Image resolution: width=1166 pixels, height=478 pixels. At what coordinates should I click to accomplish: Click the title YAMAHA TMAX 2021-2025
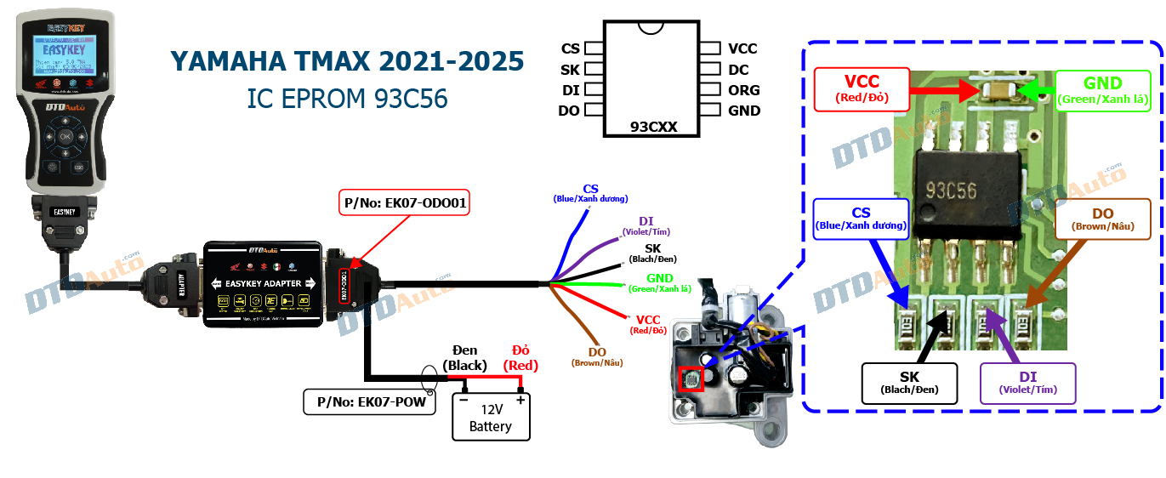click(x=347, y=61)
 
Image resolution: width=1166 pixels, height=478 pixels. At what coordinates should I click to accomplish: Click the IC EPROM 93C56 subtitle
click(x=347, y=99)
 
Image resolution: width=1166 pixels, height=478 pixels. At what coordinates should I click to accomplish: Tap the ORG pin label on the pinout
click(x=743, y=90)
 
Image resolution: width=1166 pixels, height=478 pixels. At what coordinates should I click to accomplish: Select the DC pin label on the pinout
click(x=738, y=70)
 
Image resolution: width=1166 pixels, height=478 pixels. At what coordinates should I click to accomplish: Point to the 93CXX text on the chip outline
click(x=653, y=127)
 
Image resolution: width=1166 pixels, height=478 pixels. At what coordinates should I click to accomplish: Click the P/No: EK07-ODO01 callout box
click(x=404, y=203)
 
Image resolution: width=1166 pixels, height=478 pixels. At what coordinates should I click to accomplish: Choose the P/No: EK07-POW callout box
click(x=368, y=402)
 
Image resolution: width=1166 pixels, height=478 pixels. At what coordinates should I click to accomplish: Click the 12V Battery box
click(x=490, y=417)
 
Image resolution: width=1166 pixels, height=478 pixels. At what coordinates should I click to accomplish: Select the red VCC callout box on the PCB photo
click(x=861, y=90)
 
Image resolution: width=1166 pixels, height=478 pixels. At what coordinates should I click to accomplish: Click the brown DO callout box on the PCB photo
click(x=1103, y=219)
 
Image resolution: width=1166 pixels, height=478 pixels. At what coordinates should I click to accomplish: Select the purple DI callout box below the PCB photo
click(x=1028, y=383)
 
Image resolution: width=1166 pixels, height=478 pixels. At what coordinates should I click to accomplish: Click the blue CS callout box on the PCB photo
click(x=861, y=219)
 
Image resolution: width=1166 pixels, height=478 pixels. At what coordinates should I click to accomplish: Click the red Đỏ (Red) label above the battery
click(x=521, y=358)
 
